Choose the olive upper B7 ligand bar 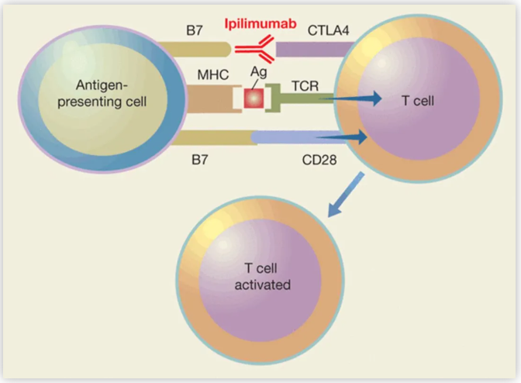pyautogui.click(x=205, y=50)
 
